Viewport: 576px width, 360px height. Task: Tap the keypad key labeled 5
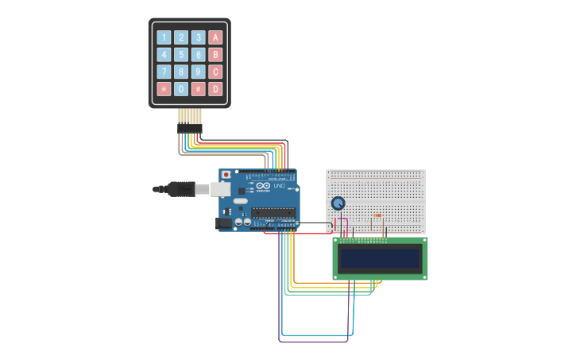point(181,55)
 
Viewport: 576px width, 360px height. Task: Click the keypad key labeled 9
point(198,72)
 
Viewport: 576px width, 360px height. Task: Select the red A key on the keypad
point(215,37)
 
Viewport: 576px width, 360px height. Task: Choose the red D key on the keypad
point(215,89)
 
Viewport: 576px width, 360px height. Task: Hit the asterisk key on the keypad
point(164,89)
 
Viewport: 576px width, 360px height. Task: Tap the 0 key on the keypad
point(181,89)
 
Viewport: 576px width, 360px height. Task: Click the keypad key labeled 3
point(198,37)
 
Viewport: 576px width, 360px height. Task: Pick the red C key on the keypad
point(215,72)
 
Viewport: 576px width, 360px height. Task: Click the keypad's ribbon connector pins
point(189,119)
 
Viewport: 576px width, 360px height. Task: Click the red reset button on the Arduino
point(226,174)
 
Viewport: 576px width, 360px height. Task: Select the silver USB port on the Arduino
point(220,189)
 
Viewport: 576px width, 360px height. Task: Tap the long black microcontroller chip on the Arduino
point(273,212)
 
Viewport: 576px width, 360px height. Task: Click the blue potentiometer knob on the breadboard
point(338,203)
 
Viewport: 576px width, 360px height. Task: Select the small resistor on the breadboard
point(377,215)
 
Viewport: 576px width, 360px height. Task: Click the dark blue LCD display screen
point(380,258)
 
